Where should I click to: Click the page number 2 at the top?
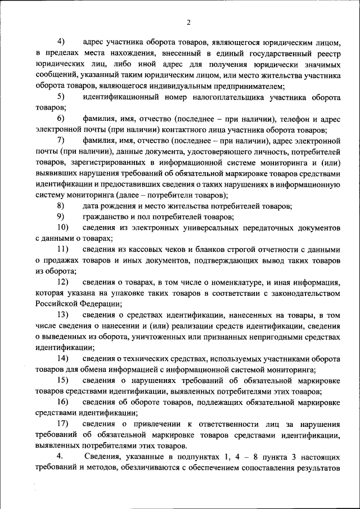click(189, 22)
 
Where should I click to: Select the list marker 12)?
click(63, 282)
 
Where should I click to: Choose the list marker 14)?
click(63, 358)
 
